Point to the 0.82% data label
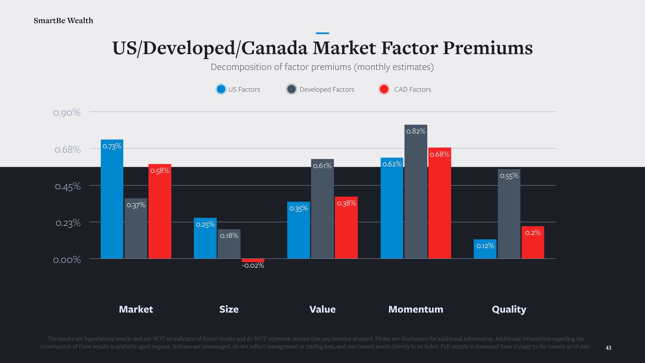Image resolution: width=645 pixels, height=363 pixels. (x=416, y=131)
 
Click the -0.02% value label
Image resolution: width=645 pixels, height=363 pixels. (x=253, y=266)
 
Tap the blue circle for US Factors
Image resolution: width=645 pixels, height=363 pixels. (x=221, y=89)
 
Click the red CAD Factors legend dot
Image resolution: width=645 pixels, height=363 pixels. (x=384, y=89)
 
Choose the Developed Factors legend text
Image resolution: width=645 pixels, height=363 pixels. (x=327, y=89)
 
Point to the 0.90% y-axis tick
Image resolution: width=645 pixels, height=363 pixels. (x=67, y=113)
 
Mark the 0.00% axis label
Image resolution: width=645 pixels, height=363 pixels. (x=67, y=260)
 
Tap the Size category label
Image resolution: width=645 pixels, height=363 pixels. (x=229, y=309)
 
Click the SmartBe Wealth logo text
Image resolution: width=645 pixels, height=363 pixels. (x=63, y=21)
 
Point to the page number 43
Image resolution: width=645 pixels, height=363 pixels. (x=608, y=348)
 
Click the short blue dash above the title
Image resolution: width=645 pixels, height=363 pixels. (x=322, y=33)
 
